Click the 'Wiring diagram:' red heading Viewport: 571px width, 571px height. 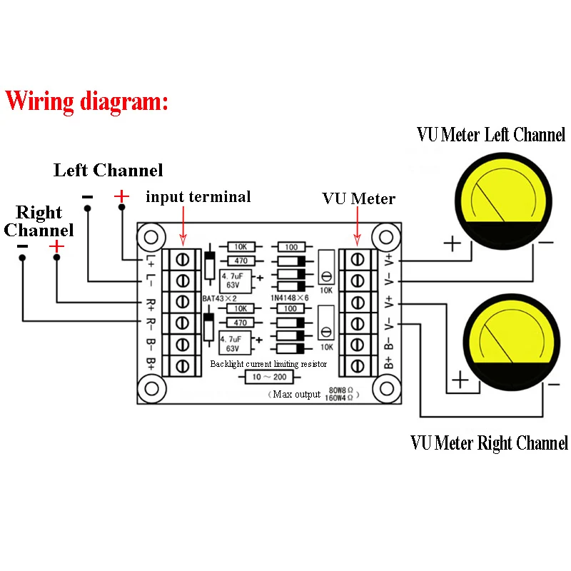pyautogui.click(x=87, y=101)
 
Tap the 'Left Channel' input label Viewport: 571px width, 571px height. pyautogui.click(x=108, y=171)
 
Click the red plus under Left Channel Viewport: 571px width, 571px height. pyautogui.click(x=121, y=196)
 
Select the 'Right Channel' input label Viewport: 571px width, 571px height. pyautogui.click(x=39, y=221)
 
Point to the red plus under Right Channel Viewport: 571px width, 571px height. pyautogui.click(x=56, y=246)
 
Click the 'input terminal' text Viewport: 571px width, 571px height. pyautogui.click(x=198, y=197)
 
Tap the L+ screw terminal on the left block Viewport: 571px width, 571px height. pyautogui.click(x=183, y=258)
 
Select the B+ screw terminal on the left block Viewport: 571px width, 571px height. pyautogui.click(x=183, y=365)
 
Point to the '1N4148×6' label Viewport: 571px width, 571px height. pyautogui.click(x=290, y=297)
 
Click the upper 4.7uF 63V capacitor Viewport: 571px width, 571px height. pyautogui.click(x=235, y=278)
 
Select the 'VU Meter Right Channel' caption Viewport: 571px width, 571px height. pyautogui.click(x=489, y=443)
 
